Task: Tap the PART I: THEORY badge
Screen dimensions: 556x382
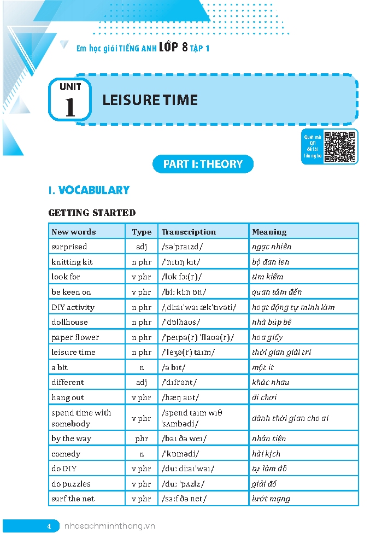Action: click(203, 164)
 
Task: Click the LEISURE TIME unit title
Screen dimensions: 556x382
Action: click(150, 100)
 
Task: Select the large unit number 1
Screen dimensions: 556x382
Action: click(70, 107)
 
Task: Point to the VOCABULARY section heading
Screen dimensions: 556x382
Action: click(89, 190)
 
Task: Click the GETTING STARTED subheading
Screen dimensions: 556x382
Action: click(92, 213)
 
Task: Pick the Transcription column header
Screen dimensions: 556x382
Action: click(189, 232)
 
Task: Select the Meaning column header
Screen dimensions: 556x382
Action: click(269, 232)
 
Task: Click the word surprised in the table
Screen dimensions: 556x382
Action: click(69, 247)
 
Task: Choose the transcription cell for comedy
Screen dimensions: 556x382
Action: click(185, 454)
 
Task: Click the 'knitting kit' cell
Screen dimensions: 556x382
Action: click(72, 262)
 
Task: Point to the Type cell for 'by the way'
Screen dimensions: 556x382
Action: click(142, 438)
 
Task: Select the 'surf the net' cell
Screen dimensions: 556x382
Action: click(73, 499)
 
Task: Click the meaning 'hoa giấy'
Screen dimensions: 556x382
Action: click(267, 337)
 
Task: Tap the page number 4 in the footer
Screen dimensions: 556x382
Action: click(49, 526)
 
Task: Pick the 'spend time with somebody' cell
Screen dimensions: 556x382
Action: click(81, 418)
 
